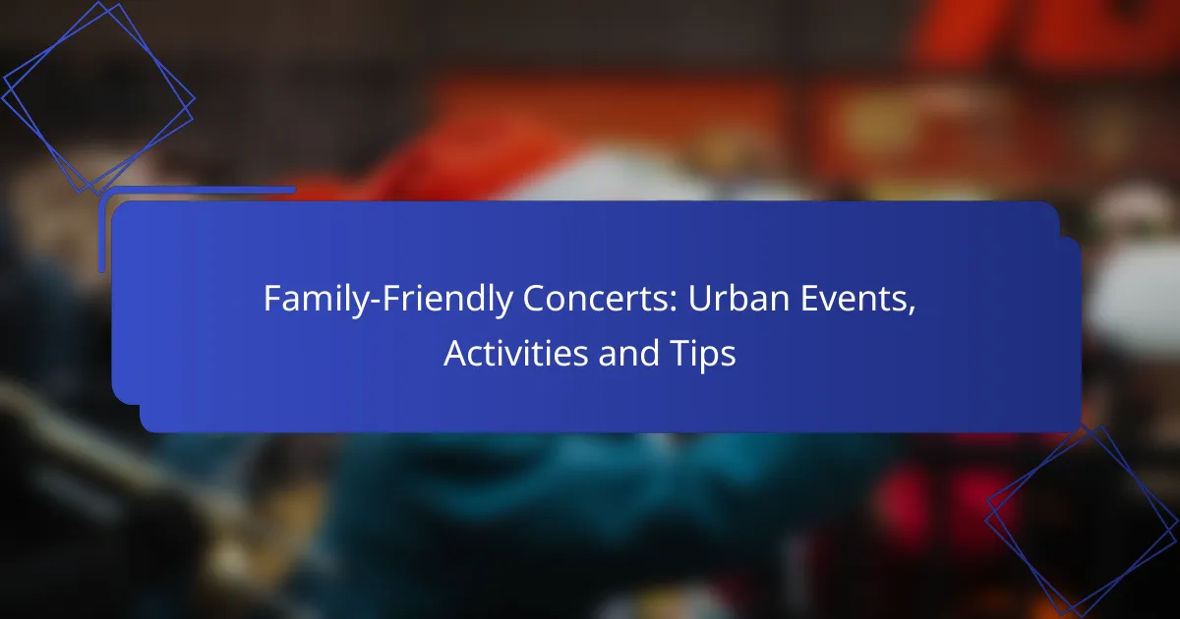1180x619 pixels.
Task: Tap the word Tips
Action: [700, 355]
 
